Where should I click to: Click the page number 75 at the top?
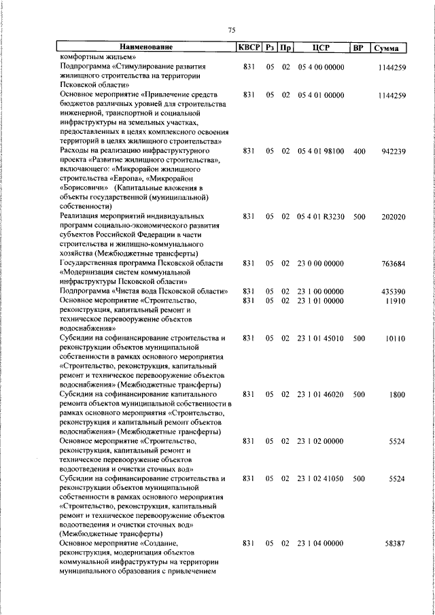pos(231,30)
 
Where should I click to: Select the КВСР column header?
pos(248,48)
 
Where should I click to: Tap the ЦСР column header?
pos(320,48)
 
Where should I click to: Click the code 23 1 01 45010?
pos(320,338)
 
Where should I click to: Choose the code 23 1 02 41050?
pos(320,478)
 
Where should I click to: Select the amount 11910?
pos(394,300)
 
